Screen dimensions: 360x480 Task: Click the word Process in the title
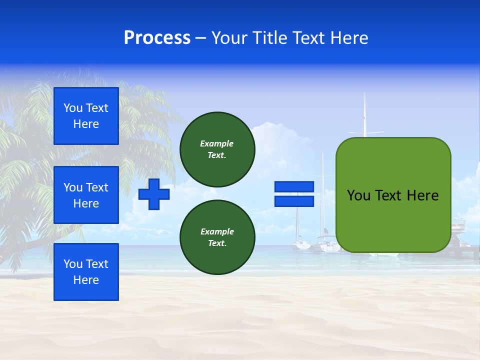(157, 38)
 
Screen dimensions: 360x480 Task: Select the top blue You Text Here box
(86, 116)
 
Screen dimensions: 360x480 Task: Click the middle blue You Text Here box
(86, 195)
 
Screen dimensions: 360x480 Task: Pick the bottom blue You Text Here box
(86, 272)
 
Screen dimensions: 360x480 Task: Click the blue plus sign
(154, 194)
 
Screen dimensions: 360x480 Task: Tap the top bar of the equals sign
(294, 187)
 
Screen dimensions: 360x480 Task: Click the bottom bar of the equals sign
(294, 201)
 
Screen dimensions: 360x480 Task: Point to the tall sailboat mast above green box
(364, 115)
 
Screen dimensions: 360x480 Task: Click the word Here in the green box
(422, 195)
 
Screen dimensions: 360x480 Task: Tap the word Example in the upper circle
(217, 143)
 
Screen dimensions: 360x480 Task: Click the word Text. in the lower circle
(217, 243)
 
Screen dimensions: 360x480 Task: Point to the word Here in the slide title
(348, 38)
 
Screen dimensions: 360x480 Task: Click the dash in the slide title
(201, 38)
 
